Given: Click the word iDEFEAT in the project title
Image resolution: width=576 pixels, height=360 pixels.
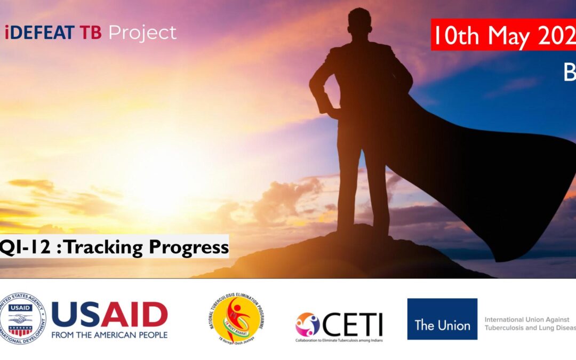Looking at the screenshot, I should pyautogui.click(x=41, y=33).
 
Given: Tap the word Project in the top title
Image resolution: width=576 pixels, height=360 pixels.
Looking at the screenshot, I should pyautogui.click(x=142, y=33).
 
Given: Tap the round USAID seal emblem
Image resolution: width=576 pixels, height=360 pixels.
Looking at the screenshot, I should pyautogui.click(x=23, y=318).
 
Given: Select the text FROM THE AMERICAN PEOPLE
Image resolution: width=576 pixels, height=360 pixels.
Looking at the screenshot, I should pyautogui.click(x=109, y=335).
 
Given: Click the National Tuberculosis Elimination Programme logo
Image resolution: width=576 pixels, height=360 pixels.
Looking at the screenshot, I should pyautogui.click(x=237, y=318).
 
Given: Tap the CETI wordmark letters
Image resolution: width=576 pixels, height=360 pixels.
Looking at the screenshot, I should pyautogui.click(x=353, y=323).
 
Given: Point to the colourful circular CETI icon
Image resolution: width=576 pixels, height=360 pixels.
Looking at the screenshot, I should pyautogui.click(x=308, y=324).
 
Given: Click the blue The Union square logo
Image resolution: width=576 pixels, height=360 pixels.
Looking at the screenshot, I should pyautogui.click(x=442, y=319).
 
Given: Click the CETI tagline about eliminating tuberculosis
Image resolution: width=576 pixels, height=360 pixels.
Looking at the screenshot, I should pyautogui.click(x=339, y=340).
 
